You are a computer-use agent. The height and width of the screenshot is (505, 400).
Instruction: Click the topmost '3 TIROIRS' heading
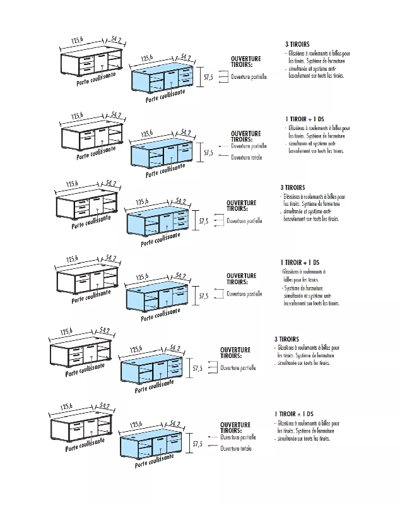(x=297, y=44)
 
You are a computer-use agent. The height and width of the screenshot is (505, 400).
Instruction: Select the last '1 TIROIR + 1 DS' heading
(x=294, y=413)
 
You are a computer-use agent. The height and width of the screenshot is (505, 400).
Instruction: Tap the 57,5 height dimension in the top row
(x=208, y=76)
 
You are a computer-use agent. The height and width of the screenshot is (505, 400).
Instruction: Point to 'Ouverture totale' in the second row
(x=246, y=157)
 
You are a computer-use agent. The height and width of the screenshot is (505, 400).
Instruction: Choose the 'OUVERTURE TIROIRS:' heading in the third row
(x=242, y=205)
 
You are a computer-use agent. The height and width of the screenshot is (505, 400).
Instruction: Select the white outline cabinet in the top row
(x=92, y=64)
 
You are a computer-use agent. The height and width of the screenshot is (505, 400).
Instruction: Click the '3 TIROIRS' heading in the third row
(x=293, y=187)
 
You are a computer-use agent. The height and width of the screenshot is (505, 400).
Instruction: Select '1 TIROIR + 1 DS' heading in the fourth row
(x=300, y=262)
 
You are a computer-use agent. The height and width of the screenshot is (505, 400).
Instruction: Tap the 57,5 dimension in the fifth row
(x=197, y=368)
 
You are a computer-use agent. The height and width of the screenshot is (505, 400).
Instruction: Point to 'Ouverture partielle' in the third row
(x=244, y=221)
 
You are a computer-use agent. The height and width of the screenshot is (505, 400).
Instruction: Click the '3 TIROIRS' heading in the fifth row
(x=286, y=339)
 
